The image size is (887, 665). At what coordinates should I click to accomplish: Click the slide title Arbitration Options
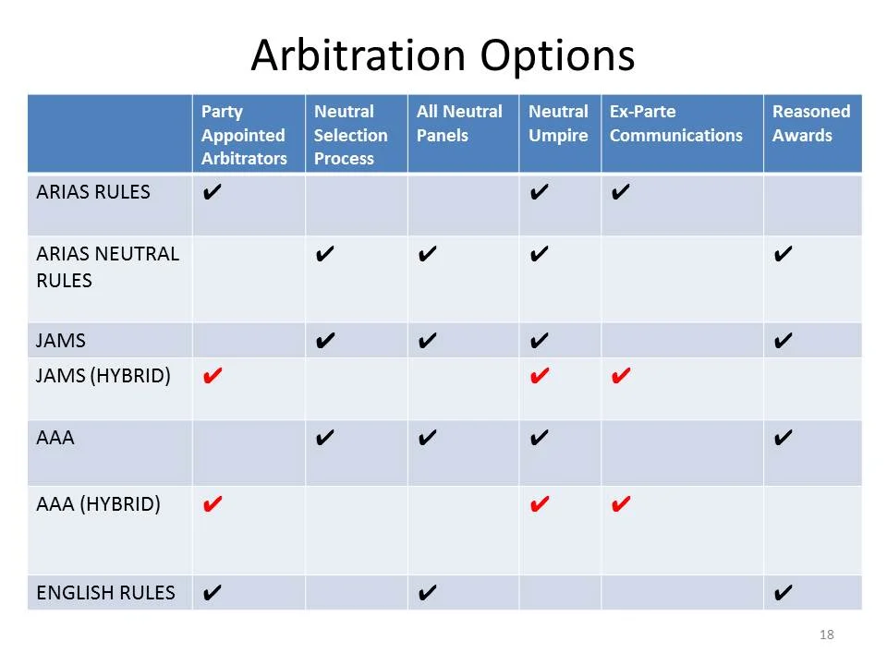(x=443, y=54)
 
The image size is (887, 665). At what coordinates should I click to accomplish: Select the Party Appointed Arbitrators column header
(x=244, y=135)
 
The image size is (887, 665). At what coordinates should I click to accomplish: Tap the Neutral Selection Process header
(x=350, y=135)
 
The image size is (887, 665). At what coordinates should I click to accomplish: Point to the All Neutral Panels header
(x=459, y=124)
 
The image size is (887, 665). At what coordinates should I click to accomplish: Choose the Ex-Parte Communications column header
(x=675, y=124)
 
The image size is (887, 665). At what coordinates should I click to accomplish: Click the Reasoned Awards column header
(x=810, y=124)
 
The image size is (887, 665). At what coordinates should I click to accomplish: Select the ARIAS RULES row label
(x=93, y=192)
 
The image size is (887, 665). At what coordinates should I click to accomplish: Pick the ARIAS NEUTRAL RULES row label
(x=107, y=267)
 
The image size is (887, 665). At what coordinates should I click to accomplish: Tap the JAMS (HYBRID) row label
(x=103, y=376)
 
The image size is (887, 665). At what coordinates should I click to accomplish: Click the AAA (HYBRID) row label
(x=98, y=504)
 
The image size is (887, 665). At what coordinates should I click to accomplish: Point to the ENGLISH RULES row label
(x=105, y=593)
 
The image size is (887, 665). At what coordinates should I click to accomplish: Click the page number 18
(x=826, y=635)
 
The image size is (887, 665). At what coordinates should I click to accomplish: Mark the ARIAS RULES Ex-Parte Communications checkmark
(x=621, y=192)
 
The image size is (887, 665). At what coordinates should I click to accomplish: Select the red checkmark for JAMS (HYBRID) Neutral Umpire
(x=541, y=376)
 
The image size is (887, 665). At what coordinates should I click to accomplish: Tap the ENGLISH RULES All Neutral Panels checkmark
(x=427, y=593)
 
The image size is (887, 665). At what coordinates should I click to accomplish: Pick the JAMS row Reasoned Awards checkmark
(x=782, y=341)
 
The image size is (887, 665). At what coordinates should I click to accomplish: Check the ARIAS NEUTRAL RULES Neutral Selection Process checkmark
(x=324, y=254)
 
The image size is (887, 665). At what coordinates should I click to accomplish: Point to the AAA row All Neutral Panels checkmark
(x=427, y=438)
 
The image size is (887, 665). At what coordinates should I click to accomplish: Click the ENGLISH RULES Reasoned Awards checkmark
(x=782, y=593)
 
